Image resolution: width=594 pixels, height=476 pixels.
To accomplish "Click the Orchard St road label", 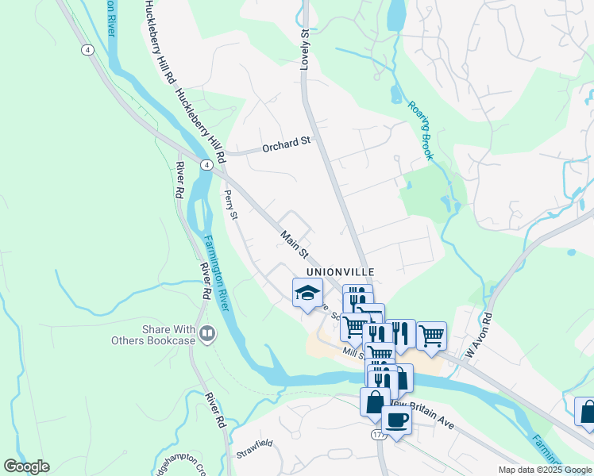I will [287, 143].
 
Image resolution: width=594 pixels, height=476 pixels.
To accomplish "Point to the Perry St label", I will [231, 204].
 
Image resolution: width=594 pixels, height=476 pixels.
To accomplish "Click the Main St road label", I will [293, 244].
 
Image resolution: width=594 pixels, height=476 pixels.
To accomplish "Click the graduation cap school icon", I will [307, 294].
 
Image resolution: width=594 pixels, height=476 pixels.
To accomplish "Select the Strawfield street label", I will [254, 455].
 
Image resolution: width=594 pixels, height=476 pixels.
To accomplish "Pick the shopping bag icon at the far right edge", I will [586, 411].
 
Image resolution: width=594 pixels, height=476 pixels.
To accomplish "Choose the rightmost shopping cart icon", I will [431, 335].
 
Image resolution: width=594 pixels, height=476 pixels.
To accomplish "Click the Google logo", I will [26, 466].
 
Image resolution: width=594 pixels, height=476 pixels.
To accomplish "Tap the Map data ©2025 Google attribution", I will [545, 470].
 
